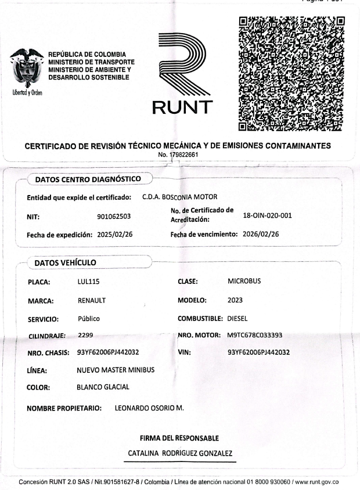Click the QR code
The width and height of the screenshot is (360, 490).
point(292,73)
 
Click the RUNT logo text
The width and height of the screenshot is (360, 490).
point(182,107)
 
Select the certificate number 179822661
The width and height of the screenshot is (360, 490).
point(182,155)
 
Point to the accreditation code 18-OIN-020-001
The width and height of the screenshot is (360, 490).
point(267,215)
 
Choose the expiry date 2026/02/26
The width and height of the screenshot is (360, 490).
point(260,235)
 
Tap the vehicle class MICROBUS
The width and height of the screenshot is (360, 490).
point(244,281)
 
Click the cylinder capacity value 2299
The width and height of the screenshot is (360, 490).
point(85,335)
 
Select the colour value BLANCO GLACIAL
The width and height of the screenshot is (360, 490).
point(103,387)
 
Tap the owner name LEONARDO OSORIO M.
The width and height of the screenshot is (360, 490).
point(149,408)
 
